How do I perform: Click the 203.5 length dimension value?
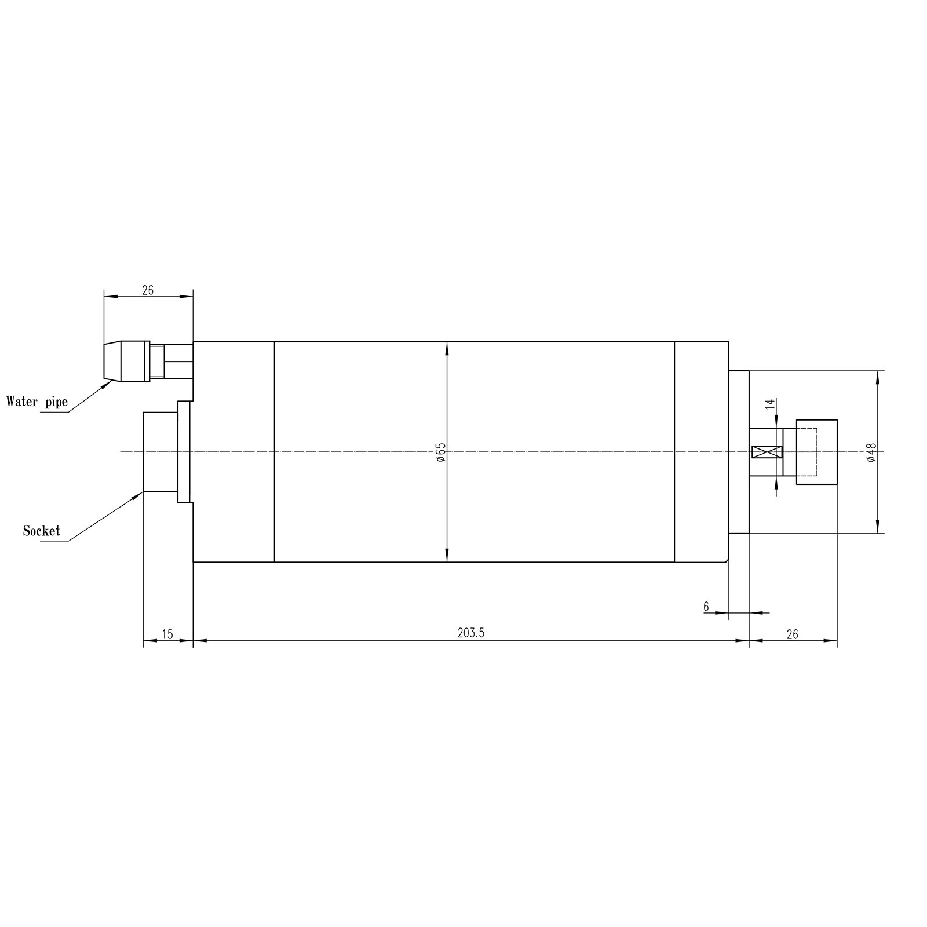(470, 633)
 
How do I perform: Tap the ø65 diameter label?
(441, 452)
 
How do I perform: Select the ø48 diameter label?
(873, 452)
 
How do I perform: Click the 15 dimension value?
(167, 634)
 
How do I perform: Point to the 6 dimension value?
(706, 607)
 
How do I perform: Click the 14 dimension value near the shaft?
(770, 404)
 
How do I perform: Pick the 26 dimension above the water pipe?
(148, 290)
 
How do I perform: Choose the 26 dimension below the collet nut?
(792, 634)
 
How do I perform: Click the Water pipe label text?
(37, 402)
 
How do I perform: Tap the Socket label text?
(41, 530)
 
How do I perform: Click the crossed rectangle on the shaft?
(767, 452)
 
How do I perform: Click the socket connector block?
(160, 451)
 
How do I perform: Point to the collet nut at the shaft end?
(817, 452)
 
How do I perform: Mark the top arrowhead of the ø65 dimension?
(447, 346)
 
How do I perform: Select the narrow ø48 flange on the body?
(739, 452)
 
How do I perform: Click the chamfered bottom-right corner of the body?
(727, 560)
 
